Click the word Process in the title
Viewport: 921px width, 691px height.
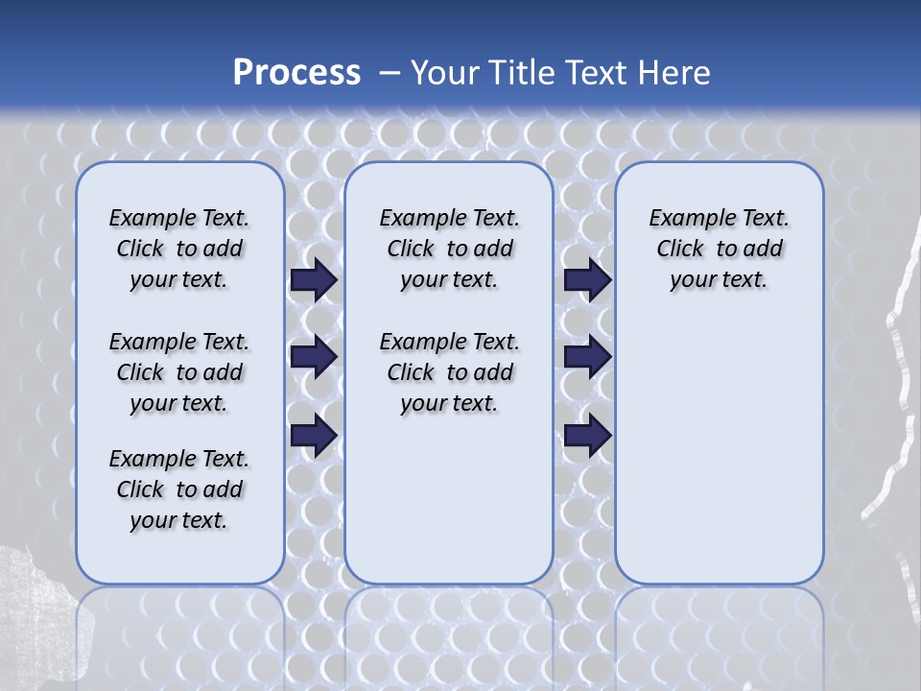pos(296,72)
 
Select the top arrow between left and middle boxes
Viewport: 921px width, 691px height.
pos(313,280)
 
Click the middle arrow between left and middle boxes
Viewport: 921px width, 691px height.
pos(313,358)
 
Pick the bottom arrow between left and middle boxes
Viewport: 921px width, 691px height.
pos(313,435)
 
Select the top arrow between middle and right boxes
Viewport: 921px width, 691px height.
pos(587,280)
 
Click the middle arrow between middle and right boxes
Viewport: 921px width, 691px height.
pos(587,358)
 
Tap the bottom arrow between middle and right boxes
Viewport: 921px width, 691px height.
pos(587,435)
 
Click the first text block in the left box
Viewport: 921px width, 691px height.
pos(179,249)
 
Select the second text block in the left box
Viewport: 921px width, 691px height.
pos(179,372)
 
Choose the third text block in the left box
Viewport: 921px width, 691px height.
pos(179,489)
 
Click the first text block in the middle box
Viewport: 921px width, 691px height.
pos(449,249)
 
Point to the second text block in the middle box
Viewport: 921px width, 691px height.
pos(449,372)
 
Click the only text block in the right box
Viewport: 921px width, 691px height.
pos(719,249)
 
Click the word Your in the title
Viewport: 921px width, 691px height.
pos(444,72)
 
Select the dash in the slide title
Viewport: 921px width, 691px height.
pos(390,72)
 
